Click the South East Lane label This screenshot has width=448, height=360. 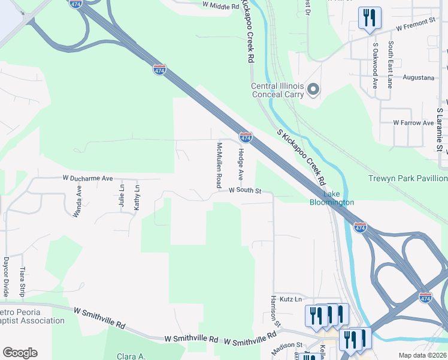[390, 64]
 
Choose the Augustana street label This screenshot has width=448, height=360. [418, 78]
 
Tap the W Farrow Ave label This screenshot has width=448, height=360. [413, 122]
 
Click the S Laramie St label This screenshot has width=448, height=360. [439, 130]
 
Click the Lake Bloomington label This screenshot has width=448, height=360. [331, 198]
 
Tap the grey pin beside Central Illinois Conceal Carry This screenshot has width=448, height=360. [313, 90]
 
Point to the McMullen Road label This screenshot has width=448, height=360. [219, 164]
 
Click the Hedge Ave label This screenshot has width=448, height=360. [241, 164]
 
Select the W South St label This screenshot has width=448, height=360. [246, 191]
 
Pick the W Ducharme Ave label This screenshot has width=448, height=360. [87, 178]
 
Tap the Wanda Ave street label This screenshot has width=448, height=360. [78, 200]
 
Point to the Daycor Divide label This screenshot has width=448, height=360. [6, 277]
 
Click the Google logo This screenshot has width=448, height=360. [20, 353]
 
